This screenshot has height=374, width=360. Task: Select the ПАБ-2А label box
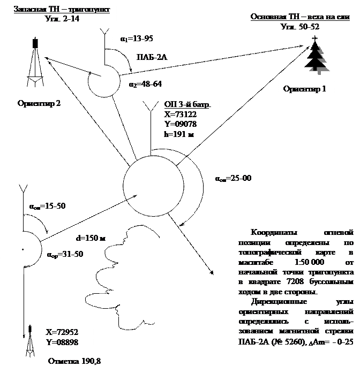coord(151,57)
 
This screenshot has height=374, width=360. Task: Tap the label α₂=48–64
coord(145,84)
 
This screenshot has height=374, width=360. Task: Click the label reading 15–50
coord(48,205)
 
